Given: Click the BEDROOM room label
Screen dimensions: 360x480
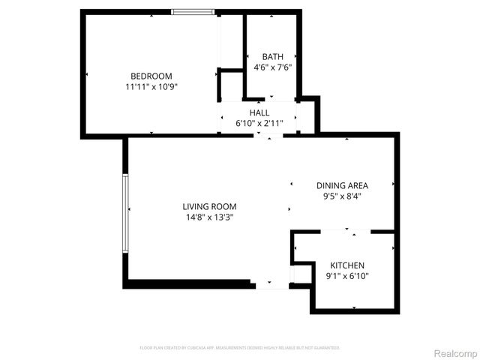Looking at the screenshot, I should coord(151,76).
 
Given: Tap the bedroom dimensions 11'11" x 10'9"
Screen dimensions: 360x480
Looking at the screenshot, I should coord(151,86).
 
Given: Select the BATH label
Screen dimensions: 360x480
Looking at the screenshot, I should coord(272,57).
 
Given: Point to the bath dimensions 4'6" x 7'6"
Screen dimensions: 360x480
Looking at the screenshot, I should coord(272,67).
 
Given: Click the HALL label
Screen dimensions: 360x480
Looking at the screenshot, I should coord(259,112).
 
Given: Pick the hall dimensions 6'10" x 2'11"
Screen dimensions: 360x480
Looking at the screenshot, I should coord(259,123).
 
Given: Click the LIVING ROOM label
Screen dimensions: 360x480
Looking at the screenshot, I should coord(209,206).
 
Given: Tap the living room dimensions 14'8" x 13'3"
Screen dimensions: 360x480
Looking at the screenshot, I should coord(209,217).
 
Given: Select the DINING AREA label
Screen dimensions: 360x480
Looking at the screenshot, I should coord(341,185).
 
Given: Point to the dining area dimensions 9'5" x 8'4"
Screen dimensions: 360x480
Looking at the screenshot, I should coord(341,196).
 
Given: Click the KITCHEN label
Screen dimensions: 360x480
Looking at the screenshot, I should coord(347,265).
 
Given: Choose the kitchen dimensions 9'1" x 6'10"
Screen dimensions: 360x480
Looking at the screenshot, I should coord(347,276).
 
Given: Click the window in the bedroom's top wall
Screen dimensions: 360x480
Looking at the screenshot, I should coord(193,12).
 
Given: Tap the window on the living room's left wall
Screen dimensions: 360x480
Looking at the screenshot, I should coord(126,213).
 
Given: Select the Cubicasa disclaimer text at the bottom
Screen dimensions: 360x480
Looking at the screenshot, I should coord(240,348).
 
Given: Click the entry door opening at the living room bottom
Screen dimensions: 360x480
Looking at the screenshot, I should coord(271,285).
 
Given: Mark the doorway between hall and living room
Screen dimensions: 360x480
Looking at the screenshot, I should coord(268,135).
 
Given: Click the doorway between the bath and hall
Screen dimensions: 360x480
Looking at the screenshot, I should coord(271,99).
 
